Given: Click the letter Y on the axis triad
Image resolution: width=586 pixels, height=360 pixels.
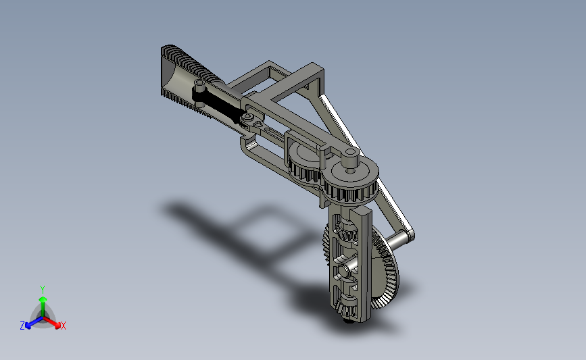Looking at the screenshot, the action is (x=42, y=290).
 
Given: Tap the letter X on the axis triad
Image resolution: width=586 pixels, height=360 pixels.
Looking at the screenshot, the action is (x=63, y=326).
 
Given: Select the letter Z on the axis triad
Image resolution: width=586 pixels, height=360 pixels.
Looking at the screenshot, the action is (x=22, y=326).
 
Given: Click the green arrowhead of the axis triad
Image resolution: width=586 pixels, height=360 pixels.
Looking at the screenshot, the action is (x=43, y=299).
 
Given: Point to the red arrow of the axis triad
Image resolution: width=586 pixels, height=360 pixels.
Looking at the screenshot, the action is (x=51, y=322).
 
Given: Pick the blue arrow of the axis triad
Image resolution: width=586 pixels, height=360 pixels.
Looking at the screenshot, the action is (x=34, y=322).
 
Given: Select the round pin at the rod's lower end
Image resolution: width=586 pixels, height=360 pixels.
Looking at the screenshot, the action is (x=247, y=118).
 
